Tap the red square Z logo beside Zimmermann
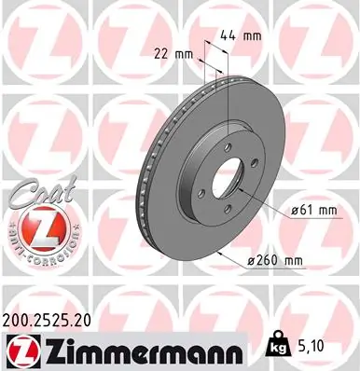(x=19, y=349)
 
